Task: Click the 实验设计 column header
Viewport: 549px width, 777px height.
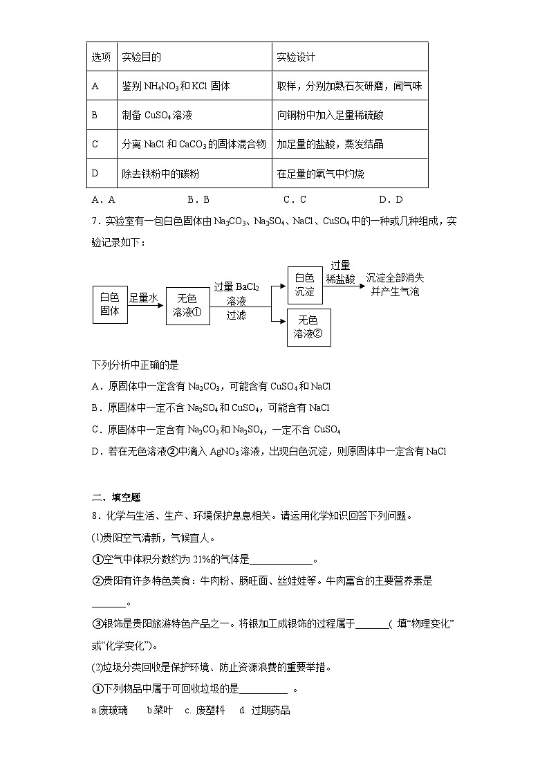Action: (296, 57)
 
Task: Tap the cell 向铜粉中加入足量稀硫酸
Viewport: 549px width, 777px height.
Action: (330, 116)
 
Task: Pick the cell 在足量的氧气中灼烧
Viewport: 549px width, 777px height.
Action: (320, 174)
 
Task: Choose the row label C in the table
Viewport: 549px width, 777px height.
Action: (95, 145)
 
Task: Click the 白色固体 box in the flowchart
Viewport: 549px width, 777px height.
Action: (110, 304)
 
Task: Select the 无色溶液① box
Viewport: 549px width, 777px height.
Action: (187, 305)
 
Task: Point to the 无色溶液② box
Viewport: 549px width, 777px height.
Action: (308, 327)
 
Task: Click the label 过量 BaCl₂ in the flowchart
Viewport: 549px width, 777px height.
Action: (236, 286)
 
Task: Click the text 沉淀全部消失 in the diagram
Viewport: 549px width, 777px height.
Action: (396, 277)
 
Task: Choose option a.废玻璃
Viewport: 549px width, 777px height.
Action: (109, 711)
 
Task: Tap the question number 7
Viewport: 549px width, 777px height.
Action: (95, 221)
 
